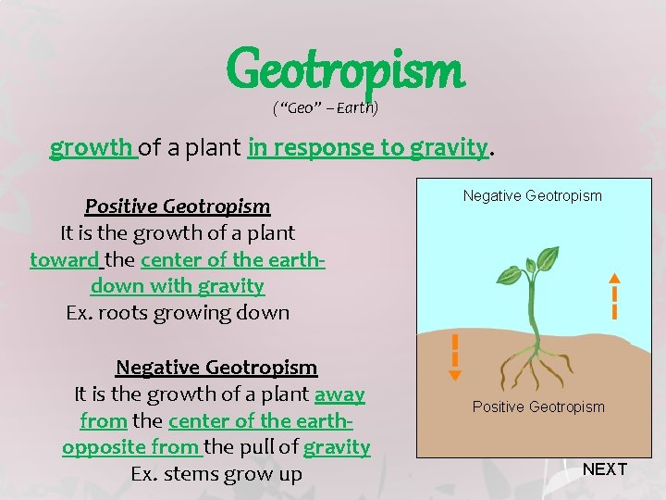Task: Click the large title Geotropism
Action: (344, 69)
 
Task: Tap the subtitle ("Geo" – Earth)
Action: (325, 108)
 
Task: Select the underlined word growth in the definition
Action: (92, 147)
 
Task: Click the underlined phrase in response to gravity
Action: (367, 147)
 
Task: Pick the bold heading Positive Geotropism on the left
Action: (178, 206)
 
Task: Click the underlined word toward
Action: (63, 259)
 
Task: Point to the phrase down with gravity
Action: (178, 286)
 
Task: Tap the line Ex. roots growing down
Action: (178, 313)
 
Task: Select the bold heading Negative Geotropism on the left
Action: (216, 368)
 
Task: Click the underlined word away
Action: (339, 394)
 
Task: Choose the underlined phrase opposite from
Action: (129, 448)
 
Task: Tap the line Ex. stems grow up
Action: (216, 475)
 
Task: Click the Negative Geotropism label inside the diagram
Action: (532, 196)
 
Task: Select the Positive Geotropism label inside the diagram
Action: (538, 407)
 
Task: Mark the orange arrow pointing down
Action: (454, 356)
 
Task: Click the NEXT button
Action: (605, 469)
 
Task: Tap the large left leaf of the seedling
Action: (510, 274)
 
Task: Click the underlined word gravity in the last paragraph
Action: (337, 448)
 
